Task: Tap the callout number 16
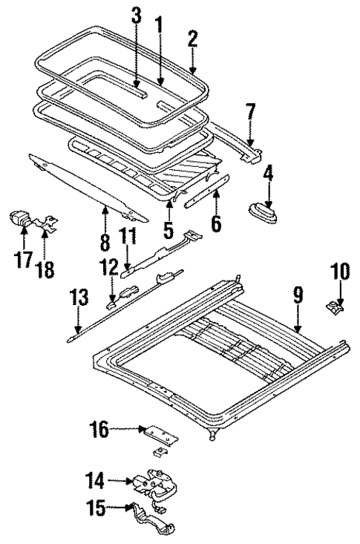click(x=120, y=428)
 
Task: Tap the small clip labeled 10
click(x=335, y=304)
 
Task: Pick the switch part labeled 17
click(x=22, y=220)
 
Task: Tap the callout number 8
click(x=105, y=242)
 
